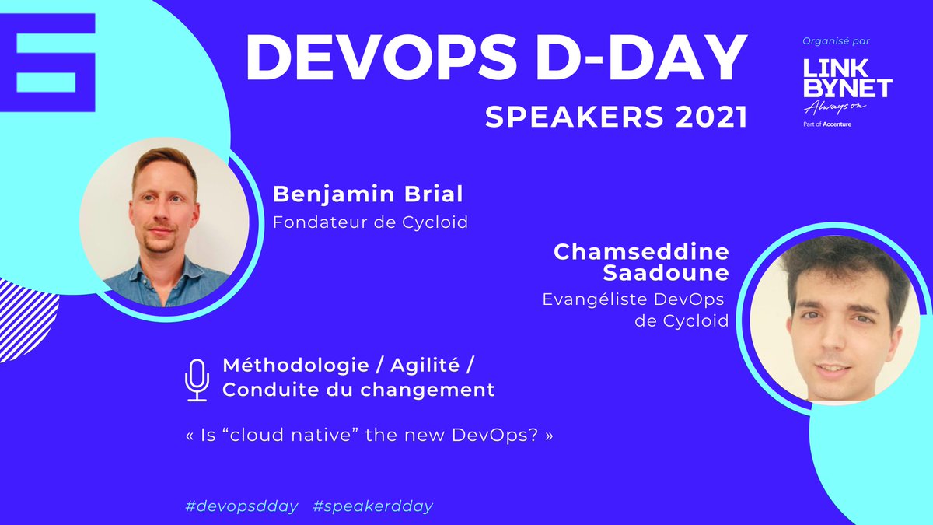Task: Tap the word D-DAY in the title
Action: [x=629, y=58]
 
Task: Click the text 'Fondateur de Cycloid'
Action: [x=370, y=222]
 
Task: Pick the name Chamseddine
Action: [x=641, y=251]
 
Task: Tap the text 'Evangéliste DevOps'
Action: [x=633, y=300]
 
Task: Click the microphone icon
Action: [x=197, y=380]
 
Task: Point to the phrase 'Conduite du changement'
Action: [x=358, y=390]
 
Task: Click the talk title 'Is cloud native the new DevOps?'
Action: [x=369, y=435]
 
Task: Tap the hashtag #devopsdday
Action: [x=241, y=506]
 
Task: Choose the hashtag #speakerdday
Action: [x=372, y=506]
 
